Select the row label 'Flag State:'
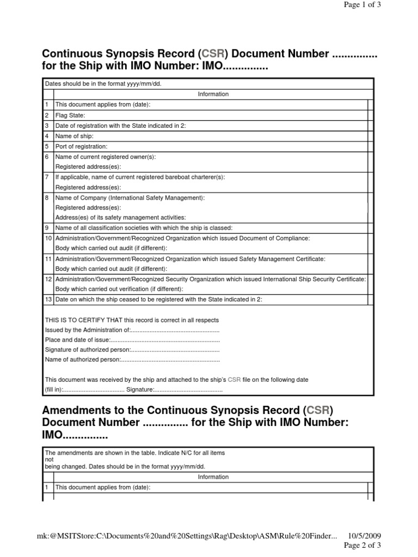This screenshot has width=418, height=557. click(x=70, y=115)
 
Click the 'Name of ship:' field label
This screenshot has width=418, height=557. click(x=74, y=136)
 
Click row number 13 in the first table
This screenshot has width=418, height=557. click(x=47, y=300)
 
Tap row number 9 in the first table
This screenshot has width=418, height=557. click(x=47, y=228)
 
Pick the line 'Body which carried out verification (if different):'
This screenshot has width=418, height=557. click(x=119, y=289)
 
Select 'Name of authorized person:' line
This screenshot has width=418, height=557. click(x=82, y=360)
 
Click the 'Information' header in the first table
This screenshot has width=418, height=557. click(x=213, y=94)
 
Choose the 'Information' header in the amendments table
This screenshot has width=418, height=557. click(x=213, y=477)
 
